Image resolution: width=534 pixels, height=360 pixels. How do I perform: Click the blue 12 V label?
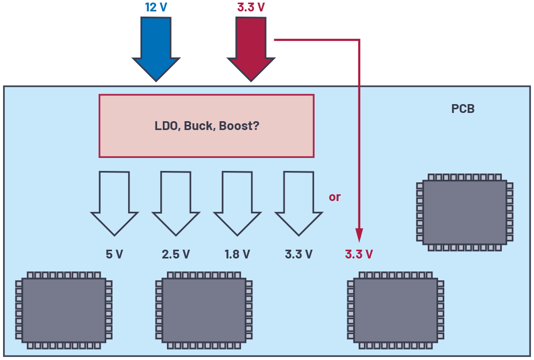156,8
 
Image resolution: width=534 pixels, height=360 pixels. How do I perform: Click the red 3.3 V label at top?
251,8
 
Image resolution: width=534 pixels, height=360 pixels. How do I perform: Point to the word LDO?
165,126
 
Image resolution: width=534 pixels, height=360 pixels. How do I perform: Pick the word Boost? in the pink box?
239,126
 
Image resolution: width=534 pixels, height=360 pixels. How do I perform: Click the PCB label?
463,109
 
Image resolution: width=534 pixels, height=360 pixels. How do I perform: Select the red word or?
334,197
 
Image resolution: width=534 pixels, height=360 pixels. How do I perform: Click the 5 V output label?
114,254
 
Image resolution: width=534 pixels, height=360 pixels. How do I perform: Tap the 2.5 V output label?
176,254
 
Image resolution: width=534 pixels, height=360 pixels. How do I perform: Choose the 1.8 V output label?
237,254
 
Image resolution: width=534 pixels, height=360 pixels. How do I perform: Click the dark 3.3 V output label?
299,254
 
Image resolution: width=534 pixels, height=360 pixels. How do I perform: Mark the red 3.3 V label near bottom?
359,254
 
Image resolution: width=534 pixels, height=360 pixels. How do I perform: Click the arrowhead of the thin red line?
359,235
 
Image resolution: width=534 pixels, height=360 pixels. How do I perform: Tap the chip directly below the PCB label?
465,212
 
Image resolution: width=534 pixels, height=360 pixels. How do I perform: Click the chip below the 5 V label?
64,310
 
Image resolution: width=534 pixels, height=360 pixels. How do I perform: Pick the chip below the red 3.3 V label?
395,310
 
